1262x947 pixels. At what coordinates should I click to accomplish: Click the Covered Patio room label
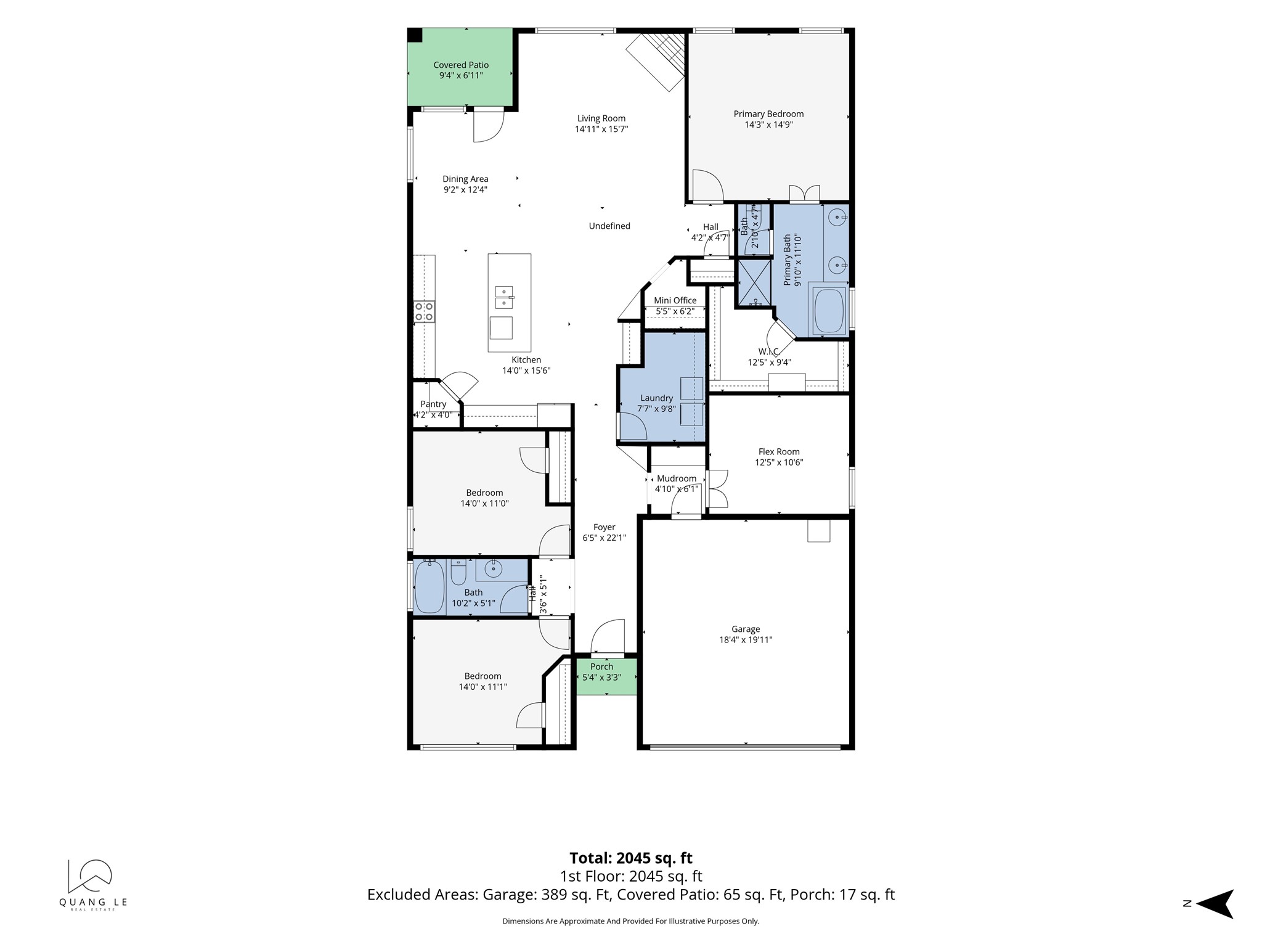coord(461,65)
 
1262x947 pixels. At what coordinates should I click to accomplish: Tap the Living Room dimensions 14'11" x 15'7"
coord(601,129)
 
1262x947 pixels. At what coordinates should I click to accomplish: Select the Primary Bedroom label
coord(768,114)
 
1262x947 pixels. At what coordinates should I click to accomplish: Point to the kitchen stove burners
coord(424,311)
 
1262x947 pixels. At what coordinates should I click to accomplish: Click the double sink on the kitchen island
coord(505,297)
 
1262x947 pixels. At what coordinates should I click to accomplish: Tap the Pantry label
coord(433,404)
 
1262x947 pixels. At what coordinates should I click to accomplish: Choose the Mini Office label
coord(675,301)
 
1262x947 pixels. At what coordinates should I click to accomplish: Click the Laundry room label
coord(656,398)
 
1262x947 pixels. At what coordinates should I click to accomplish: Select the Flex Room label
coord(779,452)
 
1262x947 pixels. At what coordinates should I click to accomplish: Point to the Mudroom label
coord(677,478)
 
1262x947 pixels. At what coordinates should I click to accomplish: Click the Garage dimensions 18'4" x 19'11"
coord(746,640)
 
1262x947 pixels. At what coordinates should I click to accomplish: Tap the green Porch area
coord(606,676)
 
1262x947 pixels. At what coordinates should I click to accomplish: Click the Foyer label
coord(605,527)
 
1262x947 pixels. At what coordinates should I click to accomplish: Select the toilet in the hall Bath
coord(458,573)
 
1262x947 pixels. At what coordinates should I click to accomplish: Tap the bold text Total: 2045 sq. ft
coord(631,858)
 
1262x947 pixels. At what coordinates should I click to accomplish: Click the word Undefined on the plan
coord(609,226)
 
